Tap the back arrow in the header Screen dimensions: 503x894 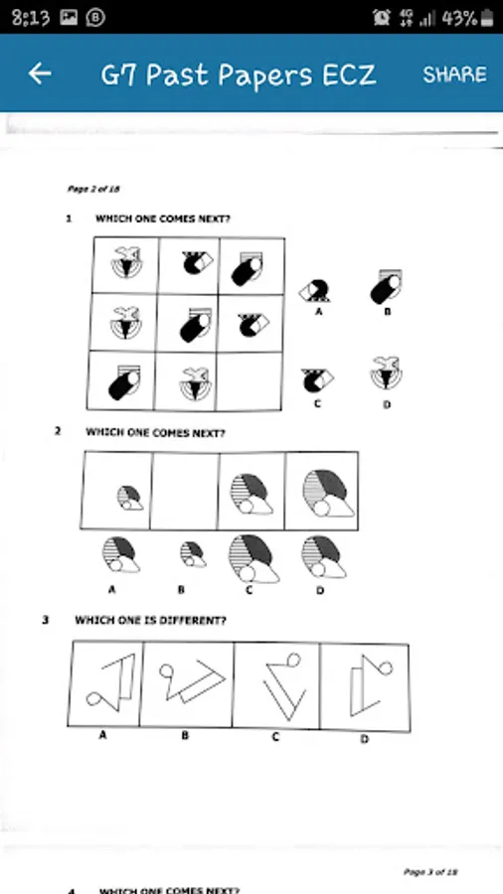40,74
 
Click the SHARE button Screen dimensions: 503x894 454,74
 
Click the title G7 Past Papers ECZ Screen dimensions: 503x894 239,75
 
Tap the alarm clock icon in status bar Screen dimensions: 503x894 382,18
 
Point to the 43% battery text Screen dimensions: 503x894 459,18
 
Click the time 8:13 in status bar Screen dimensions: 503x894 31,18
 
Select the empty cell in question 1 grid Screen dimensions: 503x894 250,380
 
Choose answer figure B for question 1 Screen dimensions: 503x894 387,286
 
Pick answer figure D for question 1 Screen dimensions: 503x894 386,372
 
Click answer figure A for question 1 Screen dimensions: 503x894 316,290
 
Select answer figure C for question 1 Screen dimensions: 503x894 318,379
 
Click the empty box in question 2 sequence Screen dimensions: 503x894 185,491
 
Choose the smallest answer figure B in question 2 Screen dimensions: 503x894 193,554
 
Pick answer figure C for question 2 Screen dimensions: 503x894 253,558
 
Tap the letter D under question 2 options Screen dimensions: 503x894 320,591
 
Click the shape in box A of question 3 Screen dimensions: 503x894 113,682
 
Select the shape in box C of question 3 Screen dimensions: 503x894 283,686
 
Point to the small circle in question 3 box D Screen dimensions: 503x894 386,668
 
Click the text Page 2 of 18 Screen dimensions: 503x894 93,189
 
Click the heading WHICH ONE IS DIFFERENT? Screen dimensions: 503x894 150,620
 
